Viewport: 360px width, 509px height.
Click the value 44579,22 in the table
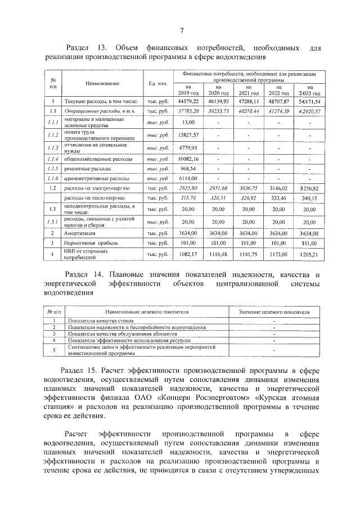pos(188,101)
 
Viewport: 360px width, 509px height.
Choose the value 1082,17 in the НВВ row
pos(188,255)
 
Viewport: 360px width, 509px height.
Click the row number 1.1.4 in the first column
pos(53,159)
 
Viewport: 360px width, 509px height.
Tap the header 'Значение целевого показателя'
pos(273,311)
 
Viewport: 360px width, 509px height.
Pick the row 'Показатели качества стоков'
pos(95,321)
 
